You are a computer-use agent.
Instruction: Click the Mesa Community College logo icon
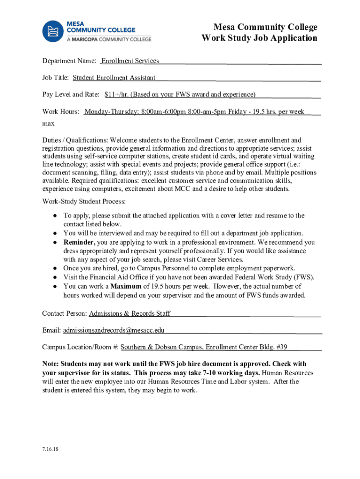53,31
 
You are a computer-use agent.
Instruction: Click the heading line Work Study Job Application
259,38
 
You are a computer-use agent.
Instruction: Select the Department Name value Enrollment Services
130,61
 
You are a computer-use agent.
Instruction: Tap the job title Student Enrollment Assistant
114,78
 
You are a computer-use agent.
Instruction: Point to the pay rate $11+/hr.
116,94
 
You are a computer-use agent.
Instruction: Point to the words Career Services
220,259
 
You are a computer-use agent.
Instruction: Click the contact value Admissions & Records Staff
130,313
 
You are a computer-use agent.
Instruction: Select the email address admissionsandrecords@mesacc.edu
114,330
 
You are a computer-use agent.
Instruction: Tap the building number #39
281,347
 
